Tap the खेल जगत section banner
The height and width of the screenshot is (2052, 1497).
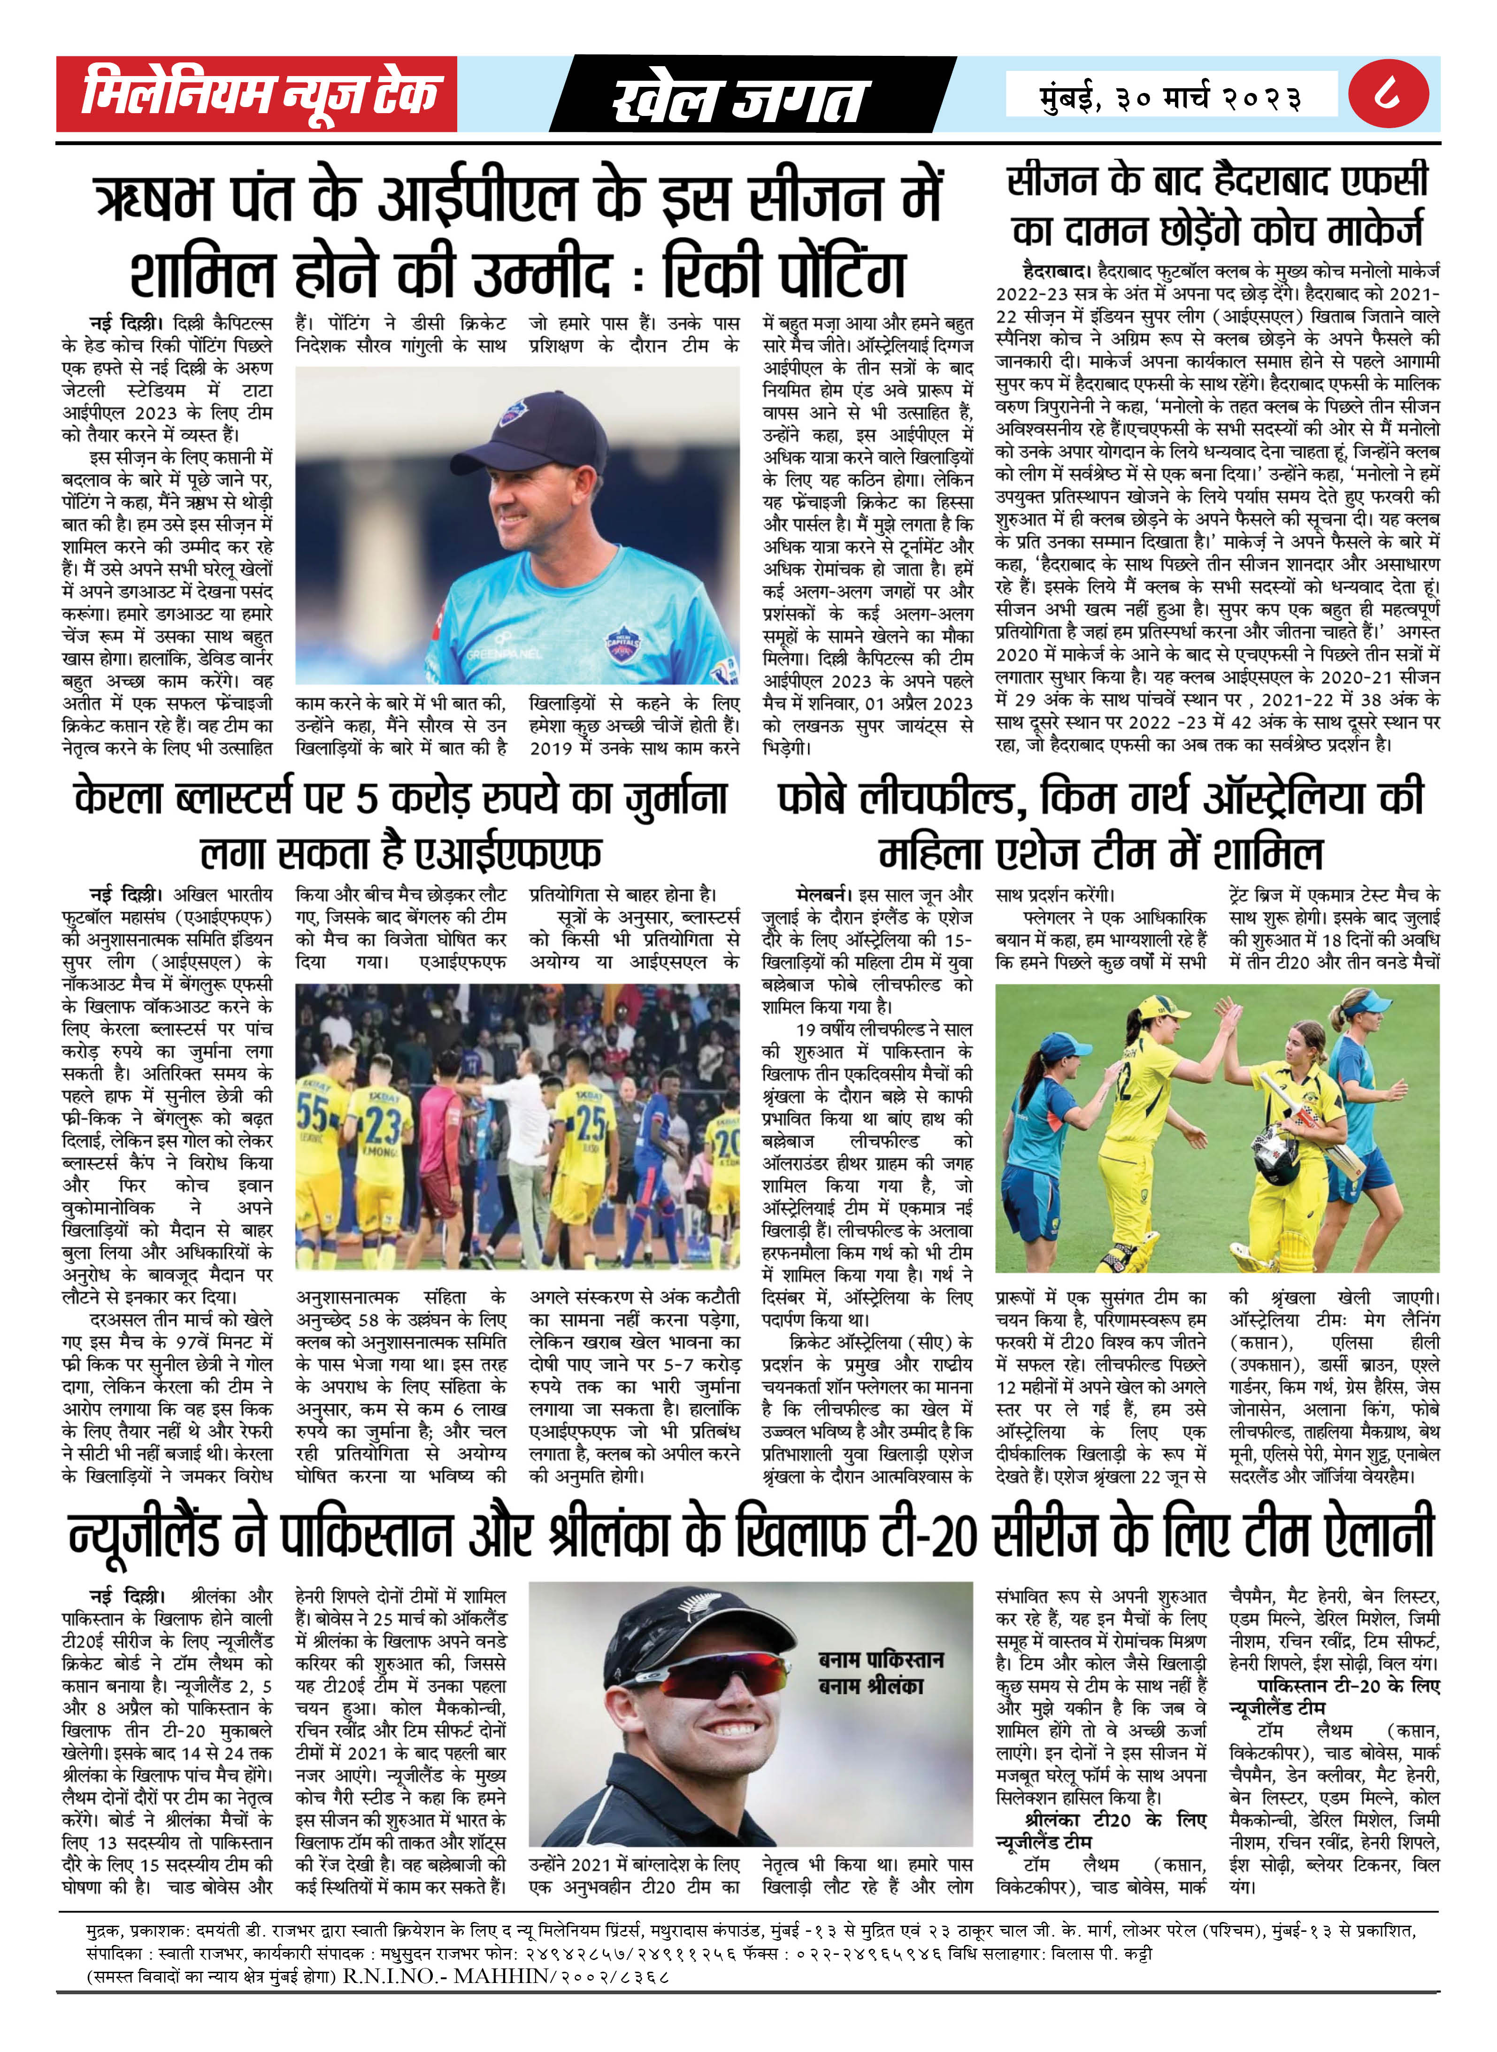click(738, 98)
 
